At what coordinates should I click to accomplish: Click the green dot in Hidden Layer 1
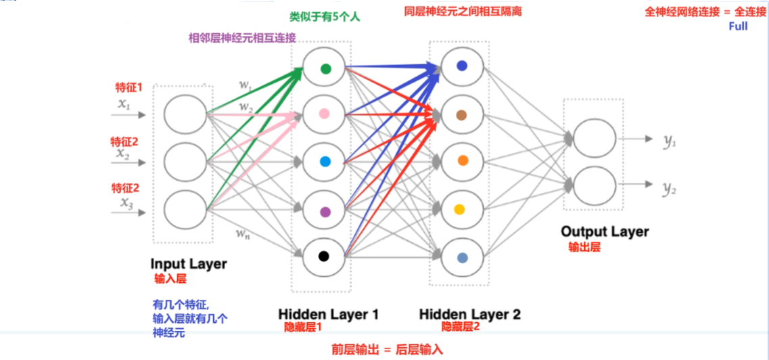click(325, 68)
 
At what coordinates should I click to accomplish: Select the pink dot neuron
click(325, 115)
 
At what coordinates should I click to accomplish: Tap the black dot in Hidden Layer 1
click(324, 256)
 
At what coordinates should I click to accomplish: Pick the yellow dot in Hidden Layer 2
click(462, 209)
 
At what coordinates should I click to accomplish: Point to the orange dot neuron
click(463, 161)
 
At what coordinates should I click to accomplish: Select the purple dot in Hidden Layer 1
click(325, 212)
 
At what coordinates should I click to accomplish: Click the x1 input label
click(123, 104)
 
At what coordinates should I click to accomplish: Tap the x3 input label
click(126, 202)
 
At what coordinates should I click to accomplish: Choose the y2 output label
click(670, 189)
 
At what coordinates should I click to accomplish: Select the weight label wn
click(243, 233)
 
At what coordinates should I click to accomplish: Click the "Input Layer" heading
click(189, 264)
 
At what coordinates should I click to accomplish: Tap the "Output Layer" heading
click(605, 232)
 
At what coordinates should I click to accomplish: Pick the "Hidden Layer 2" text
click(470, 315)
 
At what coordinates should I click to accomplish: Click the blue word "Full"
click(738, 27)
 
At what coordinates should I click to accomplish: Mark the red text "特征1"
click(129, 88)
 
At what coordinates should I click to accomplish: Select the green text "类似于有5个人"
click(325, 17)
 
